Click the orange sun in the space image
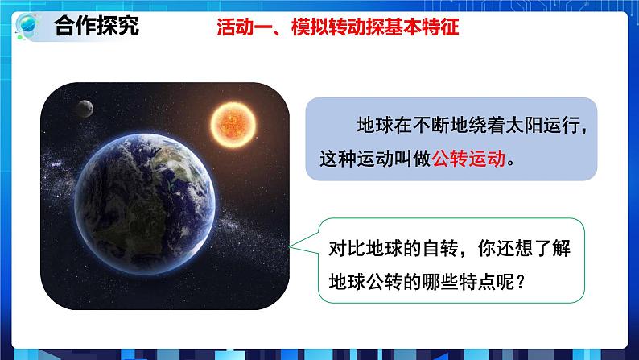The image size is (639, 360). tap(234, 122)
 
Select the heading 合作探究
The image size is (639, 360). tap(96, 26)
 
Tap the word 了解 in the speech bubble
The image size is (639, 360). tap(560, 249)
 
